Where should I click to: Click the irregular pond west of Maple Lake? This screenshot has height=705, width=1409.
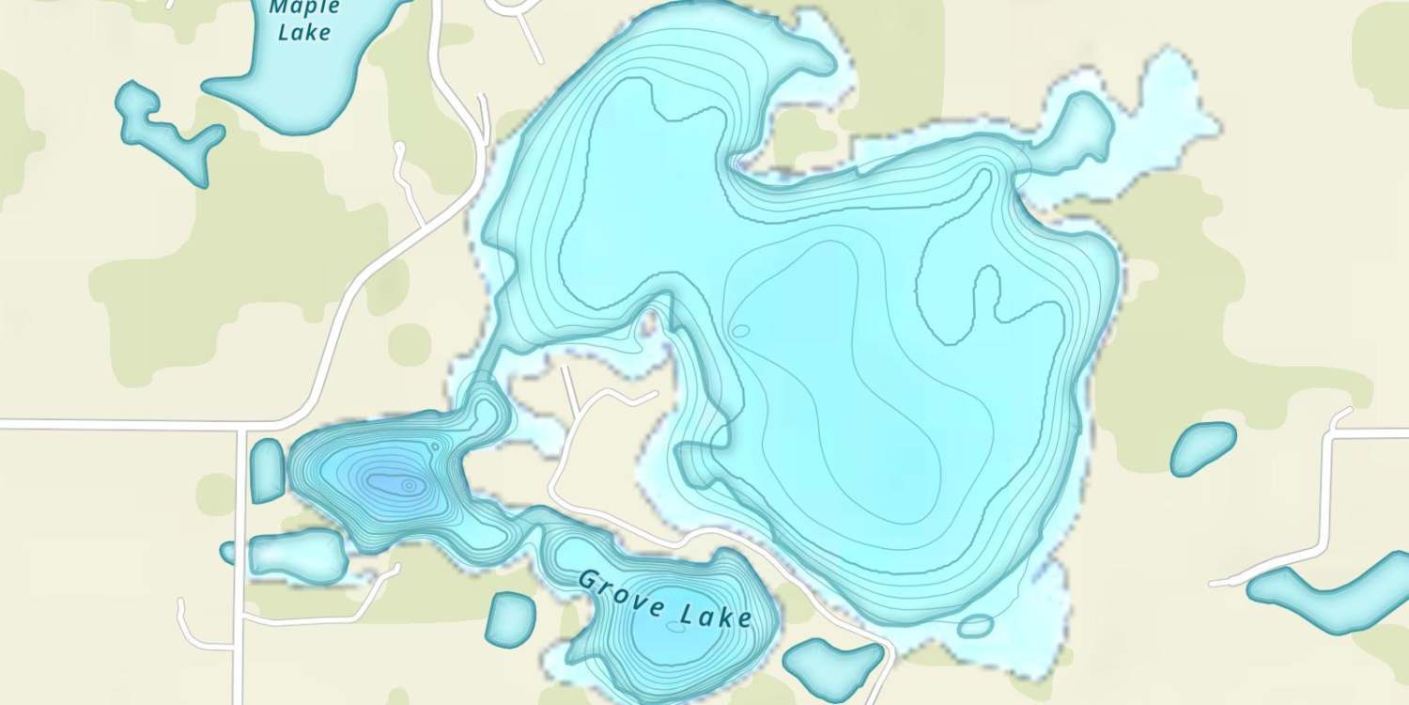click(x=165, y=131)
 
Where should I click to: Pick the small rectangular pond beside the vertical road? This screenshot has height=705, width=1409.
click(x=267, y=470)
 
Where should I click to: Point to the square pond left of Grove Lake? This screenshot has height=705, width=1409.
click(x=511, y=619)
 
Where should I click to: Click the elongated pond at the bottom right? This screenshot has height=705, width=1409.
click(x=1334, y=590)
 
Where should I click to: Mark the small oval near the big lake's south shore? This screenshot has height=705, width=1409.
click(x=975, y=625)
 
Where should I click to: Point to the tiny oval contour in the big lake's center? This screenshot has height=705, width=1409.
click(x=740, y=331)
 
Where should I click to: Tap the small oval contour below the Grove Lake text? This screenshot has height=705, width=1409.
click(x=676, y=627)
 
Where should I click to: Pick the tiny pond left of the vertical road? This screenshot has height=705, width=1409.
click(x=227, y=552)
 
